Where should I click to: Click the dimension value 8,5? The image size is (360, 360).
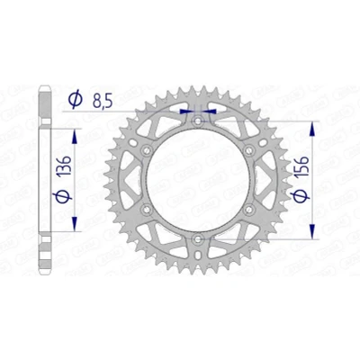tap(103, 102)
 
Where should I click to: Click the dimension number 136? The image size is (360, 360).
tap(64, 166)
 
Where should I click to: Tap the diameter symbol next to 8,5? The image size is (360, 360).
tap(75, 99)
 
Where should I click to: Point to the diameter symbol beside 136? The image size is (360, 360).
tap(62, 196)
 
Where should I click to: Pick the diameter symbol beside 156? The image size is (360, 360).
tap(301, 196)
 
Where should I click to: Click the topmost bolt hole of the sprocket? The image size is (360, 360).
tap(198, 121)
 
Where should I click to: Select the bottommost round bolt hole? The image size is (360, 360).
tap(198, 239)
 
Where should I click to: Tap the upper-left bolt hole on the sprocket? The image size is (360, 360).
tap(147, 150)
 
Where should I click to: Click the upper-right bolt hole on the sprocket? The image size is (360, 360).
tap(248, 150)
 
